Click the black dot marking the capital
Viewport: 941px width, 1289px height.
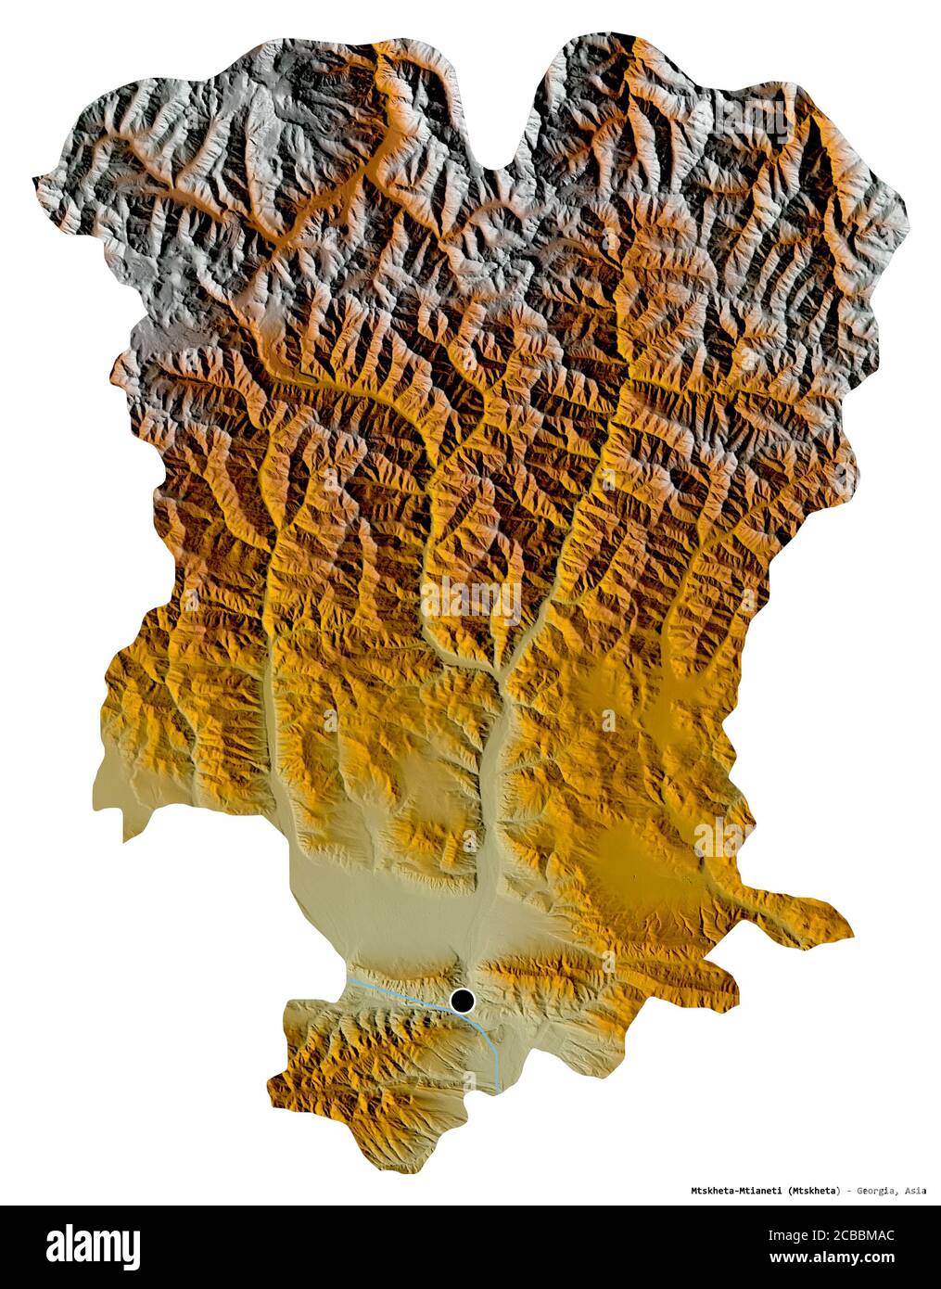(463, 1001)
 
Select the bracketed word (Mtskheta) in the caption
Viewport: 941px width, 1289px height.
(815, 1190)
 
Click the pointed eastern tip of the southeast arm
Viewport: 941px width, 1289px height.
(850, 930)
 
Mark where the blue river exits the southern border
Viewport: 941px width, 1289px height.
(499, 1089)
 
